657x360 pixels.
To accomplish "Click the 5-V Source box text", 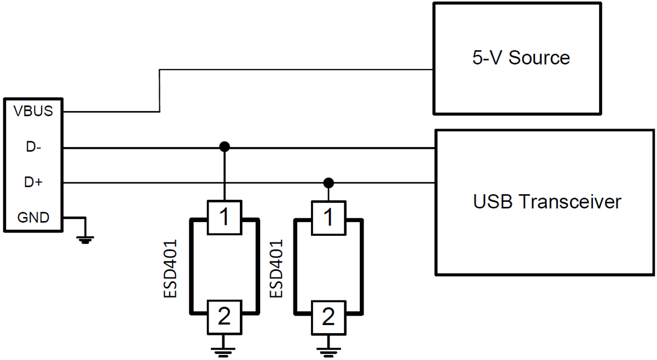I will [x=521, y=57].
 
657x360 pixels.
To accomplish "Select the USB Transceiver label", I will [x=547, y=202].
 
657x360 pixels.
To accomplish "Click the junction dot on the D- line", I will [x=224, y=147].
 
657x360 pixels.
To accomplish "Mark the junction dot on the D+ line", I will [x=328, y=182].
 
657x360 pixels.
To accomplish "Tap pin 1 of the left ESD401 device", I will [x=224, y=217].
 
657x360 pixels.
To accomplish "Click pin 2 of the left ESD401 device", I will [x=224, y=316].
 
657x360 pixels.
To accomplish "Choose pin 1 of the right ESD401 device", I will [x=328, y=217].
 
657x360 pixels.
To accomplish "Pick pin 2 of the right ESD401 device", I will [x=328, y=316].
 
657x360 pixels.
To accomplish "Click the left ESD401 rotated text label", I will [x=171, y=268].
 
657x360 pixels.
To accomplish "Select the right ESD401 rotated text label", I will [x=277, y=268].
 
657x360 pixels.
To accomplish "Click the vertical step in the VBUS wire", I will [x=159, y=91].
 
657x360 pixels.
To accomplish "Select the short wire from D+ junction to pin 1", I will [x=328, y=193].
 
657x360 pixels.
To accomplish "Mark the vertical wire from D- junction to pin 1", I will [x=224, y=174].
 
